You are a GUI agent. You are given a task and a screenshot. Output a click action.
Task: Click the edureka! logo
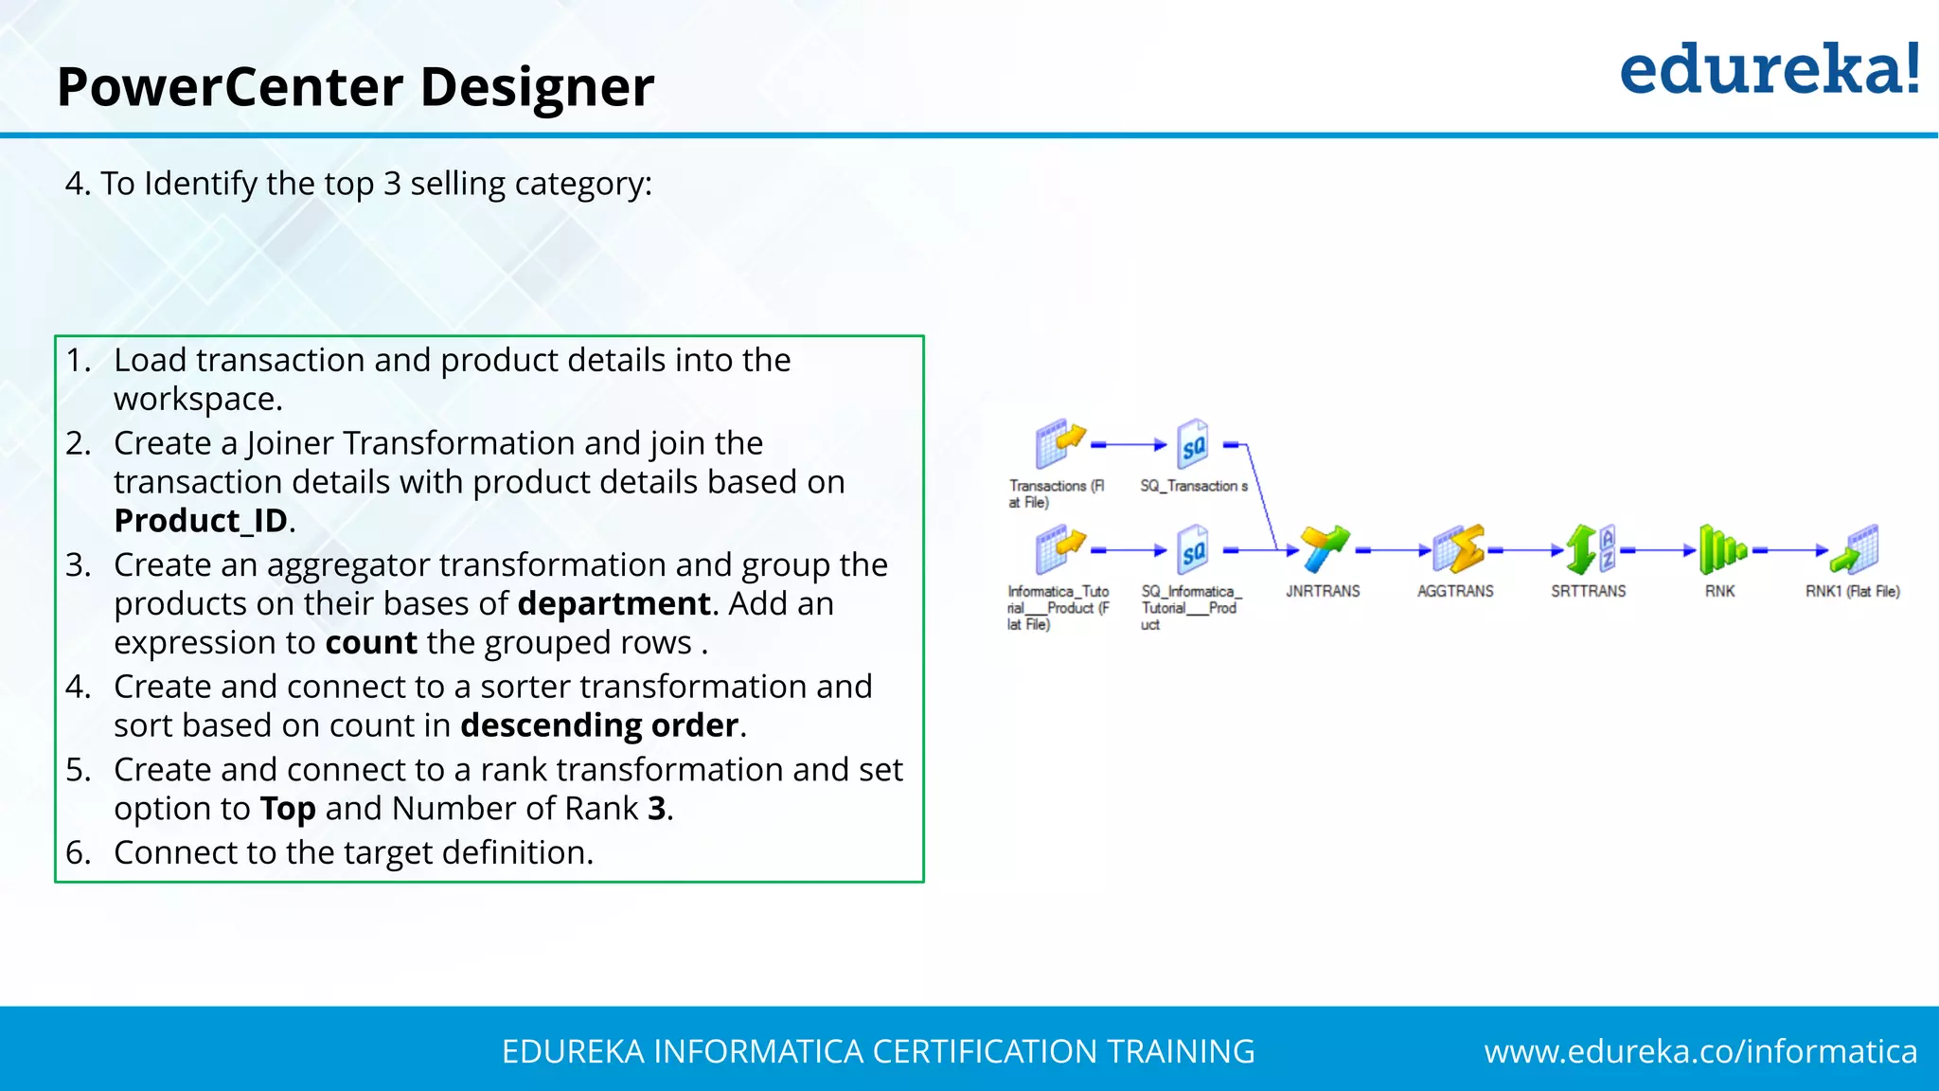click(1769, 70)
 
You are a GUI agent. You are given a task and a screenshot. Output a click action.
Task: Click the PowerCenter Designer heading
click(355, 87)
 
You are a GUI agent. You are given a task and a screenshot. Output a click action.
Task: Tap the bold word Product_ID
click(200, 521)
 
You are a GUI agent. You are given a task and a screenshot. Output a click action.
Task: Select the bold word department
click(614, 603)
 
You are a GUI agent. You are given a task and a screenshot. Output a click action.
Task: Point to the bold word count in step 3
click(370, 643)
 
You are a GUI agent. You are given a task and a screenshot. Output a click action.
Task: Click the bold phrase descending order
click(598, 725)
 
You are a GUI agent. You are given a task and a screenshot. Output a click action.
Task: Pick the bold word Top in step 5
click(287, 809)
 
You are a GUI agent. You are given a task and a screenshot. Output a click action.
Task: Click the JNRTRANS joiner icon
click(1323, 549)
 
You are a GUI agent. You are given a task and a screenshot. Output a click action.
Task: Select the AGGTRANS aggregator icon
click(1456, 549)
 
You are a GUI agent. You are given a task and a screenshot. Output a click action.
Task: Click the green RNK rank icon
click(1720, 549)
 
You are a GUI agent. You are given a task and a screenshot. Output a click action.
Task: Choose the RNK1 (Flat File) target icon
click(1854, 549)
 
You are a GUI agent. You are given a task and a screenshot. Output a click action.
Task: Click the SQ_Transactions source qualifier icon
click(1193, 444)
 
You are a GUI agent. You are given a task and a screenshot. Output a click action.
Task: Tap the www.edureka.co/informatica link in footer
click(1700, 1051)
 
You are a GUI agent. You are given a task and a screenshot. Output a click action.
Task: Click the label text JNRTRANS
click(1323, 592)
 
